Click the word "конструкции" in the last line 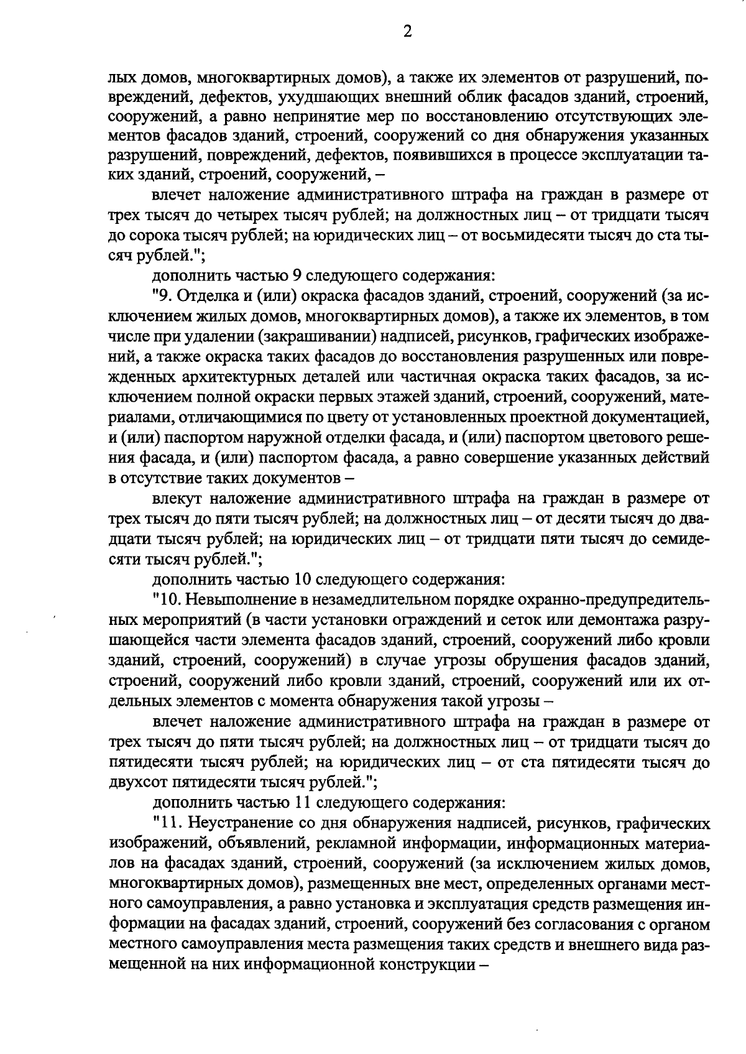click(x=424, y=966)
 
